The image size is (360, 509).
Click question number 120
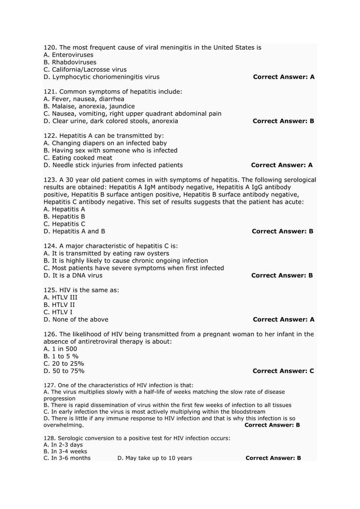pos(50,47)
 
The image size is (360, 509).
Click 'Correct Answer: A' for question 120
pos(284,77)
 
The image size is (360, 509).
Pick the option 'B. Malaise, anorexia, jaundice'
pos(89,106)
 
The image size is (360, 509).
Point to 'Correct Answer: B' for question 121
pos(283,121)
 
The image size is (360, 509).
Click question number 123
pos(50,179)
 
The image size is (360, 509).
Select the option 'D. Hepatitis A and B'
pos(74,231)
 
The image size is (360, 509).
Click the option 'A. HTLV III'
pos(60,297)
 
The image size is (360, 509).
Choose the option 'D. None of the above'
pos(76,319)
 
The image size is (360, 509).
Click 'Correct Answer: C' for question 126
pos(283,371)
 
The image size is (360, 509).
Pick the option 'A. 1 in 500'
pos(60,349)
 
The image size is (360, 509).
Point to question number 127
pos(49,385)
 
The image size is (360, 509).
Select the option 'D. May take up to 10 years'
pos(155,458)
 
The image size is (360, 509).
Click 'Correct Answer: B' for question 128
pos(273,458)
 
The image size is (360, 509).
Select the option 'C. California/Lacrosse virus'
pos(85,69)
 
